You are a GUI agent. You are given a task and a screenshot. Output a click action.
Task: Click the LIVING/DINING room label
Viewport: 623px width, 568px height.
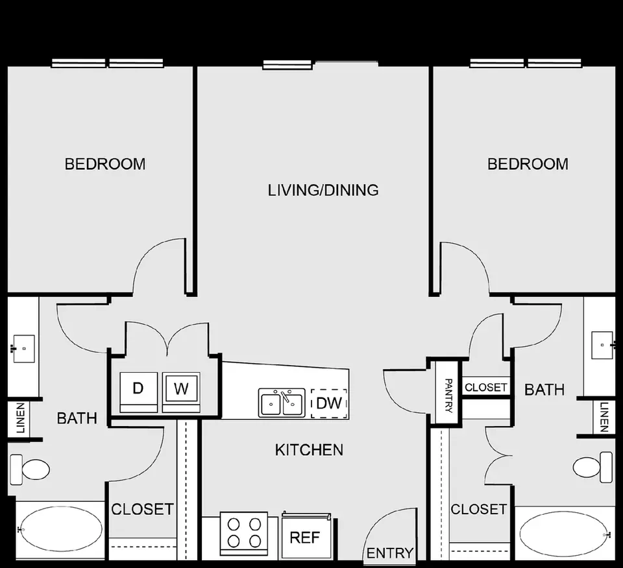(x=323, y=190)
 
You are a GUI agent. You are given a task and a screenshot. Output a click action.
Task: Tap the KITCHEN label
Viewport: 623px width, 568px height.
(x=309, y=450)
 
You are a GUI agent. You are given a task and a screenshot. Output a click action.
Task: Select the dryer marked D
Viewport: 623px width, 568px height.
(x=138, y=392)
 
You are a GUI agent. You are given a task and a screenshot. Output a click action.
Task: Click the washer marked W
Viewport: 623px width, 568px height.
(x=181, y=392)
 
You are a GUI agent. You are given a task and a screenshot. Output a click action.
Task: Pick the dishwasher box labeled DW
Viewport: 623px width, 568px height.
(x=329, y=403)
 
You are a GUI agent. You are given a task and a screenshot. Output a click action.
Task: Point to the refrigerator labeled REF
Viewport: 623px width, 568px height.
(x=306, y=536)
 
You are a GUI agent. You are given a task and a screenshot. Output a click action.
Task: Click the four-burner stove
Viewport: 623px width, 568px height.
(x=244, y=534)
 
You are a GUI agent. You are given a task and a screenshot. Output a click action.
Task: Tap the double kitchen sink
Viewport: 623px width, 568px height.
(x=282, y=403)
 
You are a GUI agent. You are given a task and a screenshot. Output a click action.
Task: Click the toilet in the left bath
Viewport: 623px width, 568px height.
(x=29, y=469)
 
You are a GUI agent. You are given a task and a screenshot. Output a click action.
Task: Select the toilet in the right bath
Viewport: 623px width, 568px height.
(x=592, y=467)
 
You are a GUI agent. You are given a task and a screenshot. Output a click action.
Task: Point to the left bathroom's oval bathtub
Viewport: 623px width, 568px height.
(x=61, y=530)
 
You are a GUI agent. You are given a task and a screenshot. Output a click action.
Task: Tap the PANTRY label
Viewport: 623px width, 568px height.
(x=448, y=396)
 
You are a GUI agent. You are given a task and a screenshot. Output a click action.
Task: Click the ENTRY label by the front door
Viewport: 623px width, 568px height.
(x=390, y=553)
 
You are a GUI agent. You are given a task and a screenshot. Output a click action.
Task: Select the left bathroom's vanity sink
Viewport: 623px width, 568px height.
(x=24, y=348)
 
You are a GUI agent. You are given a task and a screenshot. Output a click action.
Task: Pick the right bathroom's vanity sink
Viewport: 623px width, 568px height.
(x=603, y=346)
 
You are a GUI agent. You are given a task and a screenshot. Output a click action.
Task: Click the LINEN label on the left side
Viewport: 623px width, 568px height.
(x=20, y=418)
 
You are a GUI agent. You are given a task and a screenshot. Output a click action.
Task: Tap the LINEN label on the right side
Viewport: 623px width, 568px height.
(x=604, y=417)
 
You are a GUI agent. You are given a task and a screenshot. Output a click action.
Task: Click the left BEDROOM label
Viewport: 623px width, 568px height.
(x=105, y=164)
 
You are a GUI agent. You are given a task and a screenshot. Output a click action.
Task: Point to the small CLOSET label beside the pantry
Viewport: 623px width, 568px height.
(x=485, y=387)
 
